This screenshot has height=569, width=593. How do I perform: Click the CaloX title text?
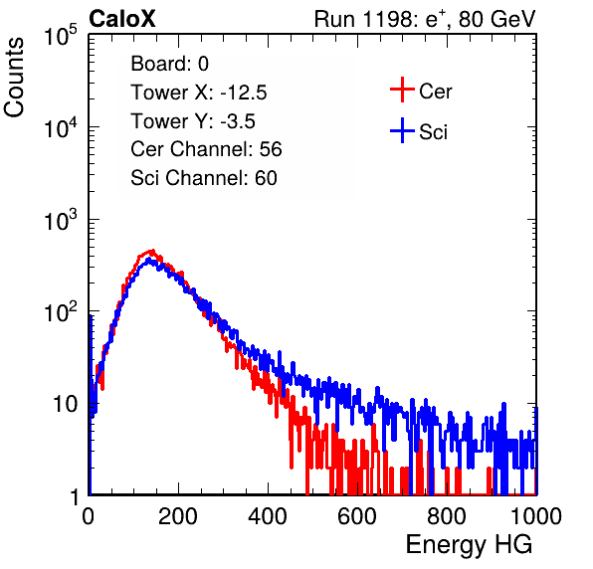pos(122,19)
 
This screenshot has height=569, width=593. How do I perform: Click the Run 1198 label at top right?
pos(425,19)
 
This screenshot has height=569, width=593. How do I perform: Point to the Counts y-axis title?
pos(14,78)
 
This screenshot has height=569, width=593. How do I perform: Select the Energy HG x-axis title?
pos(469,544)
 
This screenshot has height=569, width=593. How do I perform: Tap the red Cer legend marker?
pos(402,90)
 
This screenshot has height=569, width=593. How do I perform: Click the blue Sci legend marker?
pos(402,130)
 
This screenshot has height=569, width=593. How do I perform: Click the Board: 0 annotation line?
pos(169,64)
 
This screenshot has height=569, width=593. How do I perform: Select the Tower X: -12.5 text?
pos(199,93)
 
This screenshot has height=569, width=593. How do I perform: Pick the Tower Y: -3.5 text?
pos(193,121)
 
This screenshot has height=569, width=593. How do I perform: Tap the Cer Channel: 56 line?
pos(206,149)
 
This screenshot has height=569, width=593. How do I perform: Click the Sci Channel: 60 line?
pos(204,178)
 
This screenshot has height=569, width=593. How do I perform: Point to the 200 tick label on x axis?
pos(178,516)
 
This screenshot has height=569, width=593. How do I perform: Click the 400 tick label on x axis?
pos(268,516)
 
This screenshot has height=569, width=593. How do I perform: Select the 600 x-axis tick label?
pos(357,516)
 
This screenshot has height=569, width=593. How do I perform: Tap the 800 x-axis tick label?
pos(447,516)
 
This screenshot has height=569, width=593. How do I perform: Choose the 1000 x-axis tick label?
pos(536,516)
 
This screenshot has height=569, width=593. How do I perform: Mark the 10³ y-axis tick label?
pos(61,220)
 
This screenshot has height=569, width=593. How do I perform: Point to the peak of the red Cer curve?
pos(152,251)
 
